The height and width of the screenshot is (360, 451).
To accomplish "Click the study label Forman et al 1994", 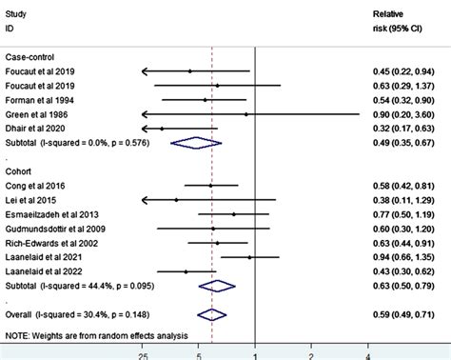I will tap(37, 99).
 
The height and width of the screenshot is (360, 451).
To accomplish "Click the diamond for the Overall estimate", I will tap(211, 313).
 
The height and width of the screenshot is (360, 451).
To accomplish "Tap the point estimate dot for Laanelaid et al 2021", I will tap(249, 256).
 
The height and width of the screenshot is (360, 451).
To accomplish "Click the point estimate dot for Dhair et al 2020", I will tap(163, 128).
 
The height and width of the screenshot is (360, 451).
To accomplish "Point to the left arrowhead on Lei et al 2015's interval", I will tap(143, 200).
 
